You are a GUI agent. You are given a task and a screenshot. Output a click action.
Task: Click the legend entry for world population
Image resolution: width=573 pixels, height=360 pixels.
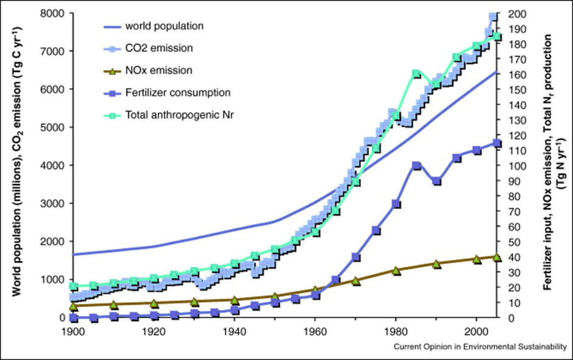(164, 26)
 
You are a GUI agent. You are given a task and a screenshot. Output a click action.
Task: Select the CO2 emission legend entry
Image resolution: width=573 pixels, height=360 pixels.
(158, 48)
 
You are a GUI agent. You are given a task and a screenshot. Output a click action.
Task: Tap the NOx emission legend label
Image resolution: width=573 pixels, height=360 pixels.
(158, 70)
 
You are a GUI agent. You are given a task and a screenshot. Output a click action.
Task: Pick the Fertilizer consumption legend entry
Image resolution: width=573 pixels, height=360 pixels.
(177, 93)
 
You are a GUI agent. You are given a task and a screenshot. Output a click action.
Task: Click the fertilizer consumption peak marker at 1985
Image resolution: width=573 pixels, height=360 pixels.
(416, 166)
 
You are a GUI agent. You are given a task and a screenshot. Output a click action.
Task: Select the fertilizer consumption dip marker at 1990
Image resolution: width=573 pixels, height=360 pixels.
(436, 182)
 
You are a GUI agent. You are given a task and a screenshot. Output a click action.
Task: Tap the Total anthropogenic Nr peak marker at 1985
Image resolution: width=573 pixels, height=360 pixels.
(416, 74)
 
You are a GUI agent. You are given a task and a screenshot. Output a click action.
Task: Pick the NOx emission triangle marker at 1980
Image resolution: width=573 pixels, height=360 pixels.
(396, 270)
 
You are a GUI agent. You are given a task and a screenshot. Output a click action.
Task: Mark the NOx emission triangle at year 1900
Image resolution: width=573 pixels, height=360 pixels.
(74, 306)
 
